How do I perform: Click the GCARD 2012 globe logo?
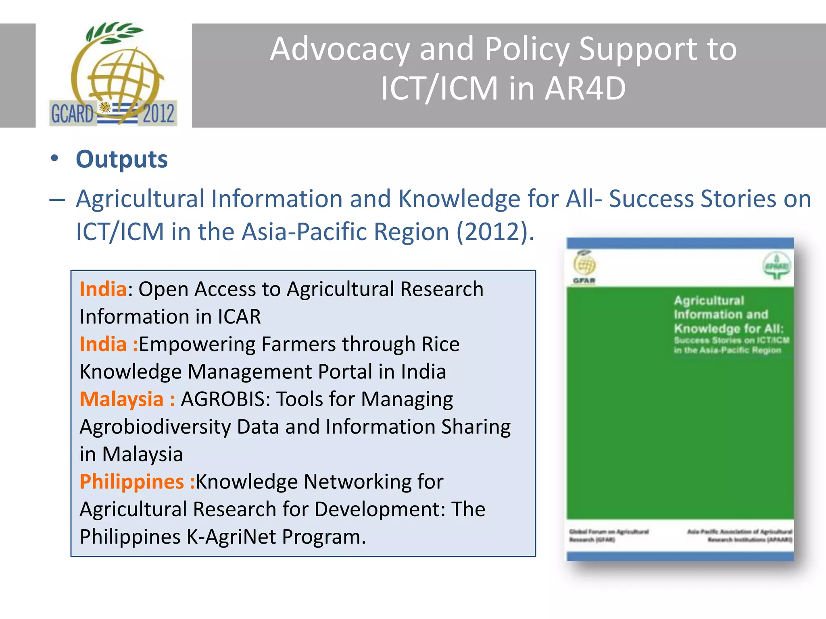coord(113,75)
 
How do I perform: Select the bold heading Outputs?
coord(122,159)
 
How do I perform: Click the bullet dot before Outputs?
coord(54,158)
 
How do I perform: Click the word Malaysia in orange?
coord(121,399)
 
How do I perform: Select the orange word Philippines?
coord(132,482)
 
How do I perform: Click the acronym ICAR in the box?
coord(239,317)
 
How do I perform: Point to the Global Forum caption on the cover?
coord(609,536)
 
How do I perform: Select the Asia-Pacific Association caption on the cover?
coord(740,536)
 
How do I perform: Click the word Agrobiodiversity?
coord(156,427)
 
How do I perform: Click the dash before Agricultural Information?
coord(57,200)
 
